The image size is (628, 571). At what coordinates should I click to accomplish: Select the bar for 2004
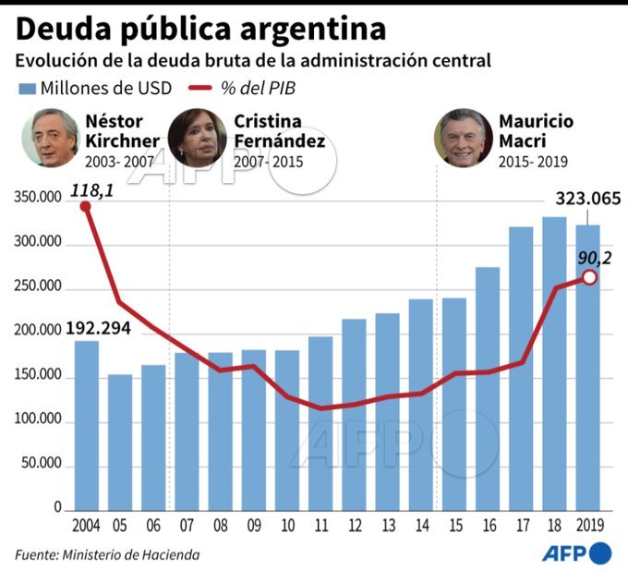tap(86, 425)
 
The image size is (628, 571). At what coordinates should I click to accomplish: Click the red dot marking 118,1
tap(86, 206)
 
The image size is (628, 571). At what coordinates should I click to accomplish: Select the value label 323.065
tap(587, 199)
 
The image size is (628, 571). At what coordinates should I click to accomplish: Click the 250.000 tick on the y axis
tap(36, 287)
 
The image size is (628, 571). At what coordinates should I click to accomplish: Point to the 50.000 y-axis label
tap(39, 465)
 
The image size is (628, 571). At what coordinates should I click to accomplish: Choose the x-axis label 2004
tap(86, 525)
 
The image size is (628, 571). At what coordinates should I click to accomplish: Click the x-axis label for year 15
tap(453, 525)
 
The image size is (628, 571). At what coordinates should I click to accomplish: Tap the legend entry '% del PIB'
tap(252, 89)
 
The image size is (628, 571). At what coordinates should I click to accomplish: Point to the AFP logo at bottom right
tap(576, 553)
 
